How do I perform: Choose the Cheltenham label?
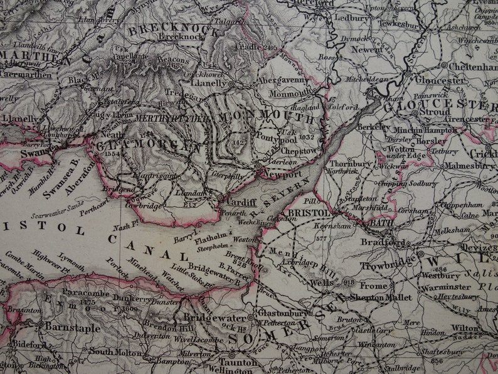[472, 66]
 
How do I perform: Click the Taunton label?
[238, 362]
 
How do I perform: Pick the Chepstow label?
[299, 151]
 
